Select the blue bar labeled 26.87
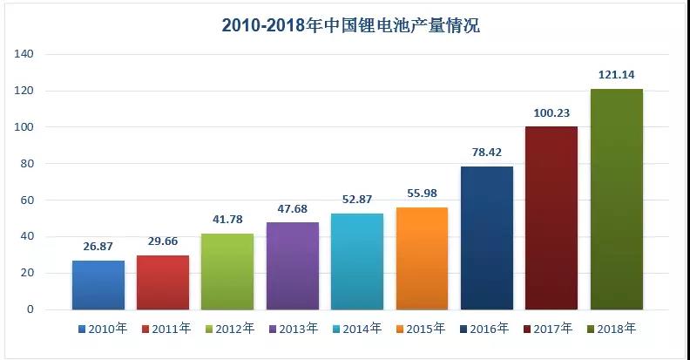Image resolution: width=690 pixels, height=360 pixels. pos(98,284)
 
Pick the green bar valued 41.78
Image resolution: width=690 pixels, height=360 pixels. pos(227,271)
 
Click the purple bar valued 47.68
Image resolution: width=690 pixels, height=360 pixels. pos(293,266)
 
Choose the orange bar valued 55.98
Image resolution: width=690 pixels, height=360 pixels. pos(422,258)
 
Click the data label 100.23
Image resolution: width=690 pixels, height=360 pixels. pos(551,112)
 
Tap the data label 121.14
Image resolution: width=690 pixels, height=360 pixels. pos(617,75)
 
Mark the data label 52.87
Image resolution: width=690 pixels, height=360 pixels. pos(357,200)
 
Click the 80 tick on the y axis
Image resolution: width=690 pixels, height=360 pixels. pos(28,164)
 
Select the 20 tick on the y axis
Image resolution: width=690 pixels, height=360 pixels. pos(28,273)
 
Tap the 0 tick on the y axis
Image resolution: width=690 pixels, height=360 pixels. pos(30,309)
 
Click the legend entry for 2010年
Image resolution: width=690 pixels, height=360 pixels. pos(104,329)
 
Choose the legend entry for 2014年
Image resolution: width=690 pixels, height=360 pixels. pos(357,329)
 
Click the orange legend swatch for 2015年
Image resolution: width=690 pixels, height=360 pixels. pos(400,329)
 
